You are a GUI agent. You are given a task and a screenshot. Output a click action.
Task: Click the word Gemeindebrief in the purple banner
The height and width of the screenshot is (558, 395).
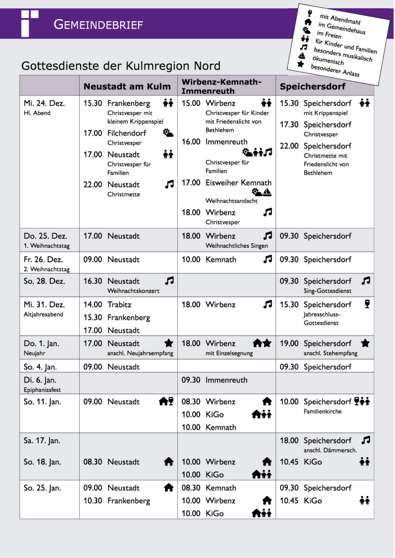(98, 25)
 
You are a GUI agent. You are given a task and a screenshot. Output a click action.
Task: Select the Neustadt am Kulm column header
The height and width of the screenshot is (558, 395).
(127, 86)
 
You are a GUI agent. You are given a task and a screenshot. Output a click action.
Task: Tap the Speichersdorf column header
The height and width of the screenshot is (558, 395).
(313, 86)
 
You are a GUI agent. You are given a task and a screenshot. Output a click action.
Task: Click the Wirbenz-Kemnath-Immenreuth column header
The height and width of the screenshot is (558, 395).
(221, 86)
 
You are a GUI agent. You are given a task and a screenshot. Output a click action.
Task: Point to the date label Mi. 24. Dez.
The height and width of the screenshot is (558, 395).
(44, 103)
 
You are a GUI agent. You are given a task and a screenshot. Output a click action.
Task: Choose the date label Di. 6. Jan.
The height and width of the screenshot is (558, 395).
(40, 380)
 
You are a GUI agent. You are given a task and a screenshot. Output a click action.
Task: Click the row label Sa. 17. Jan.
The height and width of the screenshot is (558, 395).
(42, 440)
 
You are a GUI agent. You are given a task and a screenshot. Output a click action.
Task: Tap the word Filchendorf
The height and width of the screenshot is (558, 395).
(127, 133)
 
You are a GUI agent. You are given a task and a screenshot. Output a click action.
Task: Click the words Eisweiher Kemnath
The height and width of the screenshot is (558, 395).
(238, 183)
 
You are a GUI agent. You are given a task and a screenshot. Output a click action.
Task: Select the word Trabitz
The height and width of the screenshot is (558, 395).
(119, 305)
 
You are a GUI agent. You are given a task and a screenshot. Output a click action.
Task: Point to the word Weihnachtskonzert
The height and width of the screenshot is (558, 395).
(133, 290)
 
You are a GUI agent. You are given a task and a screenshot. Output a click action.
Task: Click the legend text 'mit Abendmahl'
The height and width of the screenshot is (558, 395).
(340, 20)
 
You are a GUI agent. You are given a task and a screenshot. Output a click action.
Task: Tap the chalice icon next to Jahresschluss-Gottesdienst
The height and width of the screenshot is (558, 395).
(367, 305)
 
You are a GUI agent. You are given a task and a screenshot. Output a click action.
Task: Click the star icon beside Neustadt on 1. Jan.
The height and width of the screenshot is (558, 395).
(169, 343)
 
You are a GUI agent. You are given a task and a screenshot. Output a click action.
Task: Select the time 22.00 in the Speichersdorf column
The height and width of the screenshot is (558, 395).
(289, 146)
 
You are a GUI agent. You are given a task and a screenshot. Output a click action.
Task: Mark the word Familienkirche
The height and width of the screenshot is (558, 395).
(322, 411)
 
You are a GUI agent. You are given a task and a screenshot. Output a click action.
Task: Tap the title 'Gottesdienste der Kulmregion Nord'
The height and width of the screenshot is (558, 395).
(121, 66)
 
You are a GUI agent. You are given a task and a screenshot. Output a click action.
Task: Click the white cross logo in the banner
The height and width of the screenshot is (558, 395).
(28, 23)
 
